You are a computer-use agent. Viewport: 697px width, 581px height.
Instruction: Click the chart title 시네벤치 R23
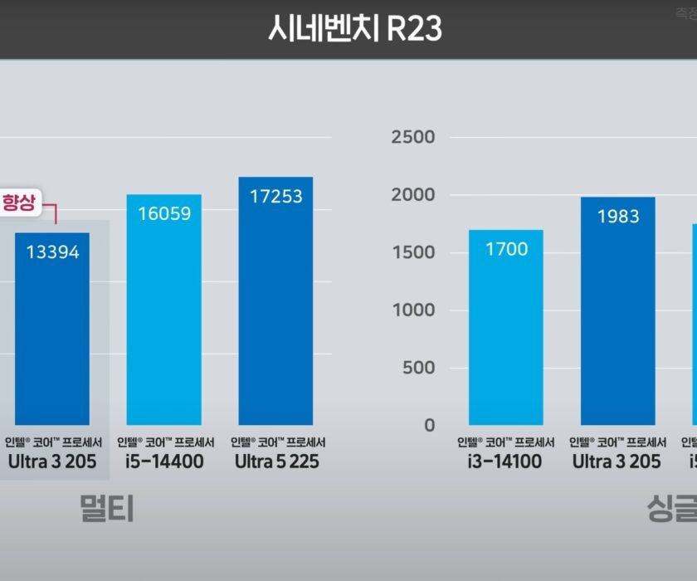coord(354,29)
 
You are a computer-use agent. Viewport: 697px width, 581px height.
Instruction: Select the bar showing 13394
coord(51,332)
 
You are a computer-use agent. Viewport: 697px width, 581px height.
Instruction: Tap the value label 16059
coord(163,213)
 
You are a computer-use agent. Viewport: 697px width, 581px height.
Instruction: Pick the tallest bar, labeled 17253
coord(275,307)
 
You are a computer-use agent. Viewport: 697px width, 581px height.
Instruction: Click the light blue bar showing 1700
coord(506,332)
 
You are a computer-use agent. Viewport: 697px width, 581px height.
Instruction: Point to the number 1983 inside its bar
coord(617,217)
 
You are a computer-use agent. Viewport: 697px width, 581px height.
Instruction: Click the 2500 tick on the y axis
coord(412,137)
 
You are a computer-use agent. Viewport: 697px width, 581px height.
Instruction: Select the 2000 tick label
coord(412,195)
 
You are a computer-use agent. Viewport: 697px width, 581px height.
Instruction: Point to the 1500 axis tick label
coord(413,252)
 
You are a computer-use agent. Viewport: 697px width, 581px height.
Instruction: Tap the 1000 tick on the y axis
coord(413,310)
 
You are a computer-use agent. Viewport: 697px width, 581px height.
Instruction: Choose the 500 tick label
coord(417,368)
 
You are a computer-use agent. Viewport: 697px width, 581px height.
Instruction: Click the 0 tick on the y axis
coord(428,425)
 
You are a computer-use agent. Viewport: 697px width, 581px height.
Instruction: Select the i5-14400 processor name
coord(165,461)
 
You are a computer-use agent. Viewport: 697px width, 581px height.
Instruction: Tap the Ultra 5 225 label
coord(276,461)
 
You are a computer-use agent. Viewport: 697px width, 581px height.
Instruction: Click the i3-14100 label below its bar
coord(505,461)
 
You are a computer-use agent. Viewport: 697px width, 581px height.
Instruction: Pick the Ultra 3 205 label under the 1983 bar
coord(617,461)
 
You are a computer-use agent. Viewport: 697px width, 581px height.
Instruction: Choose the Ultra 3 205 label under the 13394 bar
coord(52,461)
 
